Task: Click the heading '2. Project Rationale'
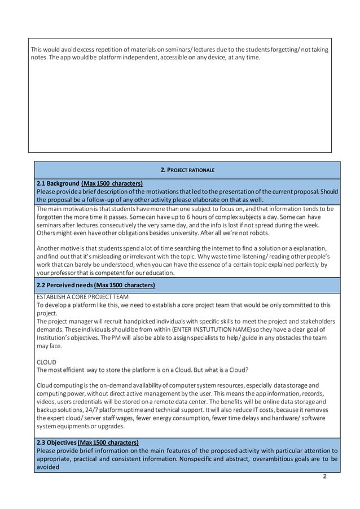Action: coord(187,169)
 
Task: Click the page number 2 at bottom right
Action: coord(324,476)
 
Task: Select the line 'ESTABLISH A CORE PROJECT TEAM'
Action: coord(82,297)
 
